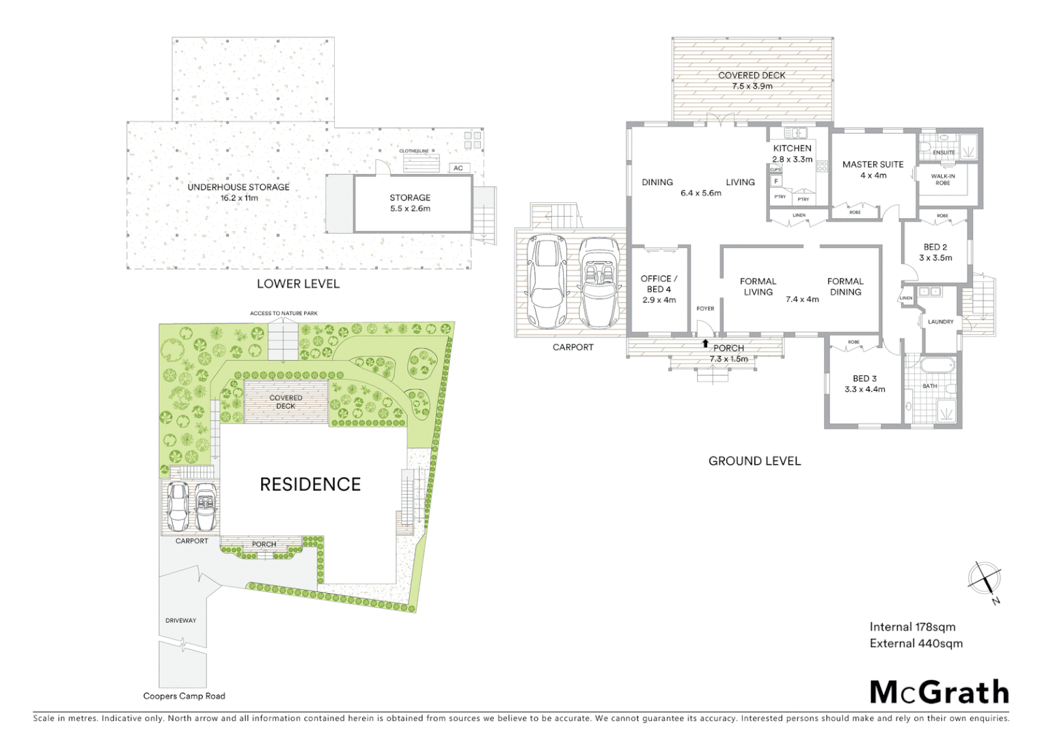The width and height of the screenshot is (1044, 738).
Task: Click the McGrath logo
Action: tap(939, 692)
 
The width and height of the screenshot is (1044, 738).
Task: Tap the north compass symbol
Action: tap(984, 579)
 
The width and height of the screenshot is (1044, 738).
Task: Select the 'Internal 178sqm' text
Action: tap(912, 627)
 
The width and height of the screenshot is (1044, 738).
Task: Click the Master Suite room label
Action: tap(873, 169)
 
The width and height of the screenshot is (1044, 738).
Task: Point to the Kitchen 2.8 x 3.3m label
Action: tap(793, 154)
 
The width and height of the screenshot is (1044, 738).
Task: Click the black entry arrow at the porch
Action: tap(705, 344)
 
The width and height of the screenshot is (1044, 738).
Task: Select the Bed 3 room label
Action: tap(864, 383)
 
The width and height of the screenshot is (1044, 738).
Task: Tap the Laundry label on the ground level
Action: tap(940, 322)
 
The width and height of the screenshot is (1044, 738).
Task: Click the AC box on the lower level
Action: tap(458, 168)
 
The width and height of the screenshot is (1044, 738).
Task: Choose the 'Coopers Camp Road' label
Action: tap(184, 696)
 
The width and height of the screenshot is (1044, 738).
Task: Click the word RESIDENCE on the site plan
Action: tap(310, 484)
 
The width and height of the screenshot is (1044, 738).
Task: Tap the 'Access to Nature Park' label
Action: tap(284, 313)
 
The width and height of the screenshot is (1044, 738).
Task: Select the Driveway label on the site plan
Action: tap(180, 620)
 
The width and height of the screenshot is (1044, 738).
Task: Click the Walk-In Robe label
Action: tap(943, 180)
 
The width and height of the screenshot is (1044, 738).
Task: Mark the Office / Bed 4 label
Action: tap(659, 289)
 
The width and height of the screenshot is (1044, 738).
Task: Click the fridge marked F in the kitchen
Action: tap(776, 181)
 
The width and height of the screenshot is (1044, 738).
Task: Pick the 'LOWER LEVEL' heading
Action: tap(298, 284)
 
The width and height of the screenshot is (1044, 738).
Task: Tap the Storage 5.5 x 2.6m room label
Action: tap(410, 203)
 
